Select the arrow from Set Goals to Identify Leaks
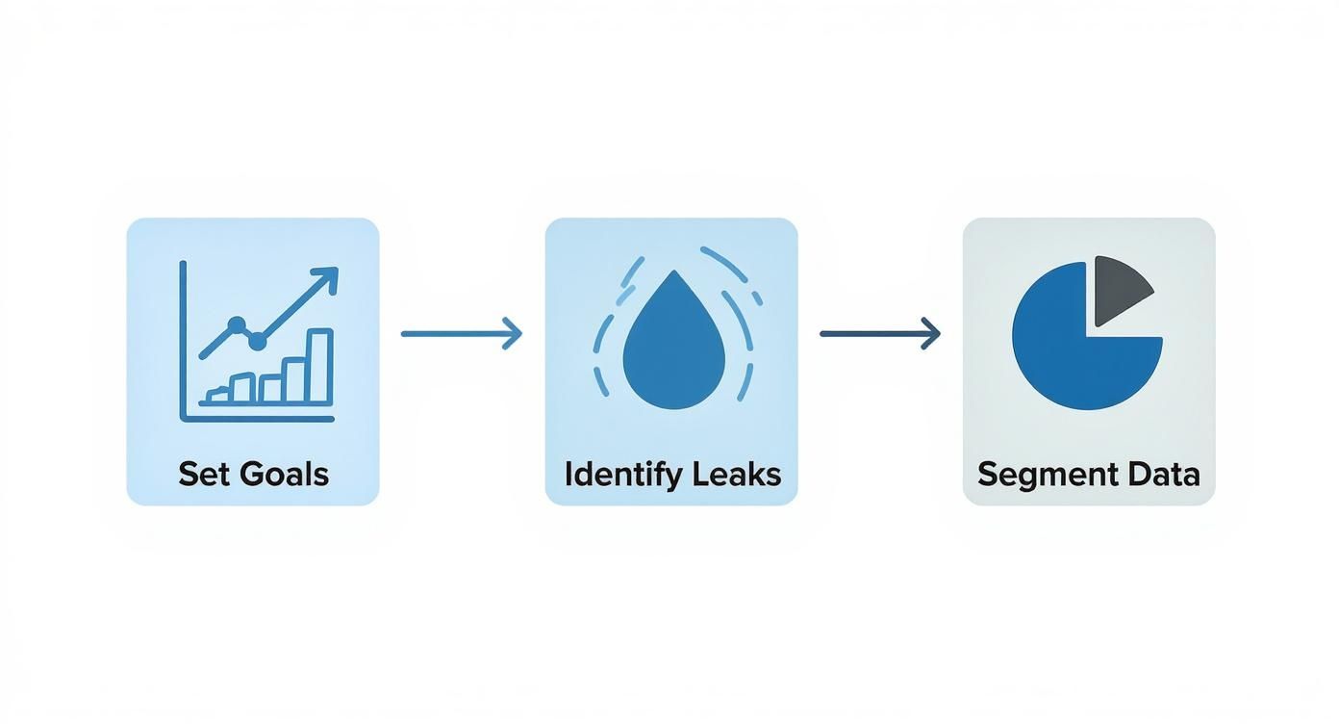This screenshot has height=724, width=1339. click(x=460, y=334)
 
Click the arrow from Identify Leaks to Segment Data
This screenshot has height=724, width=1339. click(x=878, y=334)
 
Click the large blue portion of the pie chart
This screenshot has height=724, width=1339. click(x=1068, y=347)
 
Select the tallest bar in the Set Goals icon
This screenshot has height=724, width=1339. click(x=319, y=365)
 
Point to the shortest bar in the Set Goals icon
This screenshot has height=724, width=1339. click(x=217, y=394)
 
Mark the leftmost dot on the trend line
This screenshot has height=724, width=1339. click(x=237, y=324)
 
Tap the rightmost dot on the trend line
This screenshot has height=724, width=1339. click(x=258, y=340)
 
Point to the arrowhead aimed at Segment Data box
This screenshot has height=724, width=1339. click(x=931, y=334)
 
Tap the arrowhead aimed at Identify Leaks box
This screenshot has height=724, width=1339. click(x=514, y=334)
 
